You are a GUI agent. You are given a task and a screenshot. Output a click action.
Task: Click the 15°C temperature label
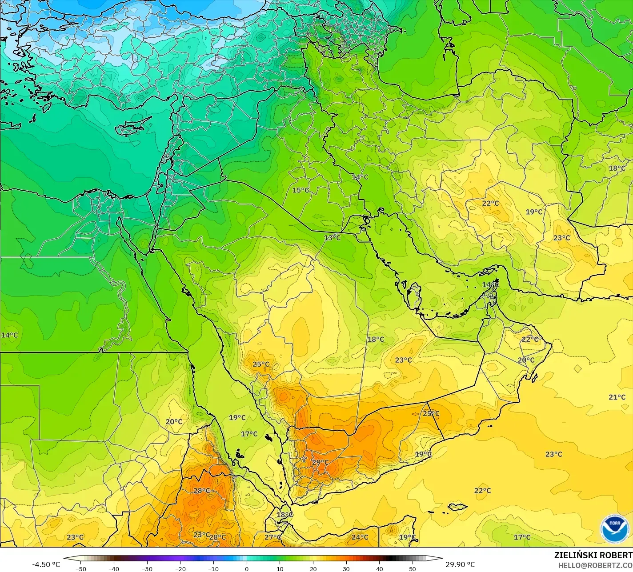tap(300, 190)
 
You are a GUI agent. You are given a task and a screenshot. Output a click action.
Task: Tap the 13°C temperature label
tap(332, 238)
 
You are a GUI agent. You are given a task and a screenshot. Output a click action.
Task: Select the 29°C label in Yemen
tap(320, 462)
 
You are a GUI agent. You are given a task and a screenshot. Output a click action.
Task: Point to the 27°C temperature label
tap(272, 537)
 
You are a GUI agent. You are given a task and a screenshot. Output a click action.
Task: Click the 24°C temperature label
tap(360, 537)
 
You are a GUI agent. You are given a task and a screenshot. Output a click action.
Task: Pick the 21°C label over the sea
tap(617, 397)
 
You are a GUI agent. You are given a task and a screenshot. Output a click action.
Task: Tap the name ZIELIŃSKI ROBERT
tap(593, 555)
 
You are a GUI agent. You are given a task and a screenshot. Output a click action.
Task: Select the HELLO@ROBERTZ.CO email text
tap(595, 565)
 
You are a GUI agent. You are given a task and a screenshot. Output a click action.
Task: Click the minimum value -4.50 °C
tap(46, 564)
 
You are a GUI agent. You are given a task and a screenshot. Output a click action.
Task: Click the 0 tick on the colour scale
tap(247, 569)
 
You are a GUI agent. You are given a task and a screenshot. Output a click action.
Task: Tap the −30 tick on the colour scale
tap(147, 569)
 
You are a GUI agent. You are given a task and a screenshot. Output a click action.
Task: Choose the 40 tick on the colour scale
tap(379, 569)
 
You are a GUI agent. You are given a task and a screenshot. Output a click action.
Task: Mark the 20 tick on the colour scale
tap(313, 569)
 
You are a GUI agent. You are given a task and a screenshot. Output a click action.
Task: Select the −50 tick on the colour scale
tap(80, 569)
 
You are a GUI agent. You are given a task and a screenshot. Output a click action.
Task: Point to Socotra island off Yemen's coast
tap(457, 506)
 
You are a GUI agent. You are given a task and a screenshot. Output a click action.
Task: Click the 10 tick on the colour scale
tap(280, 569)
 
